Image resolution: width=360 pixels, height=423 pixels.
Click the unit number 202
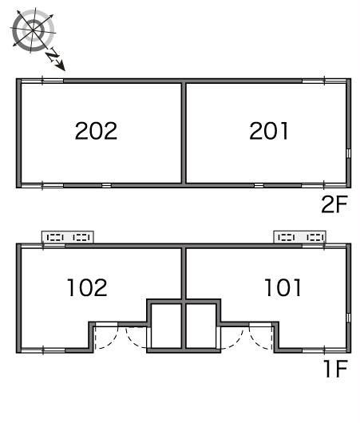pos(96,131)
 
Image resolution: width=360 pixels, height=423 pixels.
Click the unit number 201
pos(269,131)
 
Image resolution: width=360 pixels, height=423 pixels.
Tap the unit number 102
pos(87,288)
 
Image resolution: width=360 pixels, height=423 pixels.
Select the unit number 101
pos(283,287)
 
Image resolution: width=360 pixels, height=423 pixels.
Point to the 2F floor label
pos(334,204)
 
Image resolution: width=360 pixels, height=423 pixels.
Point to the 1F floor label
pos(336,369)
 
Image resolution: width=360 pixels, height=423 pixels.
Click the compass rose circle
pos(33,30)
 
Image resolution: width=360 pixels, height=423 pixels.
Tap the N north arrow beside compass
pos(56,59)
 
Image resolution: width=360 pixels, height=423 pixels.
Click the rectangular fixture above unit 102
pos(68,237)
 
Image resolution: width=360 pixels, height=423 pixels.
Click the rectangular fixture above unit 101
pos(300,237)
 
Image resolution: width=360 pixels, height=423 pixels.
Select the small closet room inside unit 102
pos(166,326)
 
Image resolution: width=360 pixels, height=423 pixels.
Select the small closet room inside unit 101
pos(201,326)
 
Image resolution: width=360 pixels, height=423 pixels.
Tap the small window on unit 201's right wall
pos(348,153)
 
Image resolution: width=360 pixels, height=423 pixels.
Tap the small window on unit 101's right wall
pos(348,318)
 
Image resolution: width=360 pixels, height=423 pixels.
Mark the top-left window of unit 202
pos(42,81)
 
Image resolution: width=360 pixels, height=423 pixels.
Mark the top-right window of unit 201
pos(324,81)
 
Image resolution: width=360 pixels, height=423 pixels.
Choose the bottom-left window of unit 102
pos(43,350)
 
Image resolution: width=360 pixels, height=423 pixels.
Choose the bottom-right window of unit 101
pos(324,350)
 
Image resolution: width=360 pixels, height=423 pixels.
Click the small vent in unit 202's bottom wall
pos(107,185)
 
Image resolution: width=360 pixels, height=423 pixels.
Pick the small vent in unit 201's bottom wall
pos(259,185)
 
